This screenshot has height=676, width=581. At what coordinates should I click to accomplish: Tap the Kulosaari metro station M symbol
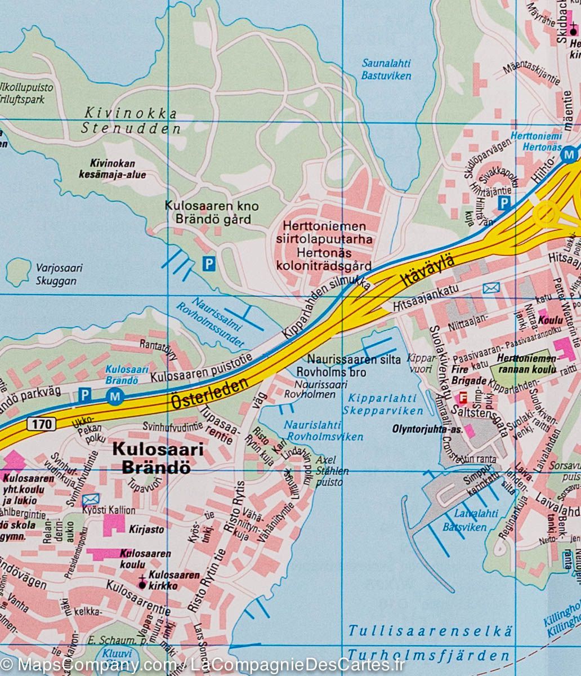point(115,397)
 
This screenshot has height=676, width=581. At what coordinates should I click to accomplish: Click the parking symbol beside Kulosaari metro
point(84,395)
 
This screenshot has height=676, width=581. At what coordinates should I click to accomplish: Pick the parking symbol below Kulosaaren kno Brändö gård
point(209,263)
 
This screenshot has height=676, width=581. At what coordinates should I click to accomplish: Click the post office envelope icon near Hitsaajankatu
point(491,288)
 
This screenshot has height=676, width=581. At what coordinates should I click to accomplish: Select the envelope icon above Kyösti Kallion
point(90,499)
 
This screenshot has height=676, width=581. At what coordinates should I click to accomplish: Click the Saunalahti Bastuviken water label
point(386,69)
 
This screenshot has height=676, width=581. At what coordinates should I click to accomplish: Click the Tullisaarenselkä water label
point(430,631)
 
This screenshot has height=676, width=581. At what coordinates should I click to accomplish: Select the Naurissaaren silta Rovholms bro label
point(354,366)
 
